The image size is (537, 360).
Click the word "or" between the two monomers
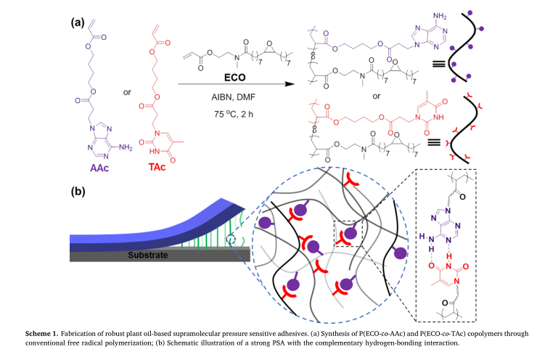(x=127, y=92)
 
